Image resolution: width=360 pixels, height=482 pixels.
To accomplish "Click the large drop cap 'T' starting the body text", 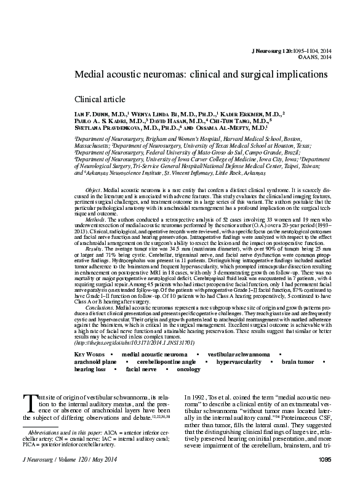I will [30, 402].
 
